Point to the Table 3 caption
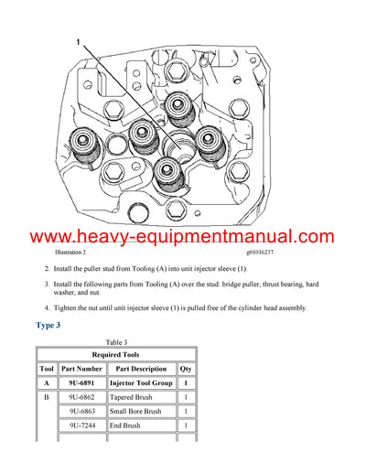point(116,342)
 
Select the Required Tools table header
point(116,354)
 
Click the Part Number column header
point(81,369)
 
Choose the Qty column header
point(185,369)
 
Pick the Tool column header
point(46,369)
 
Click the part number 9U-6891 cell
point(81,383)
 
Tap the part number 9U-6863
point(81,412)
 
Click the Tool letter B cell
point(46,398)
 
